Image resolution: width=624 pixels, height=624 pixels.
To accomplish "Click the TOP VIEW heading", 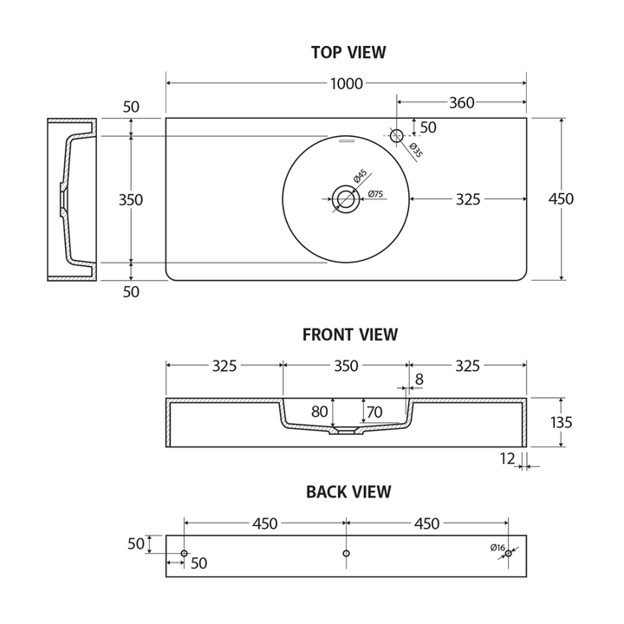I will pos(348,53).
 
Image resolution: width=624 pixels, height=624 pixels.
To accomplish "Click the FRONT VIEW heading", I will pos(349,335).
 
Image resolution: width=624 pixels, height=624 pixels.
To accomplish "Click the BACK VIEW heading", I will pos(348,492).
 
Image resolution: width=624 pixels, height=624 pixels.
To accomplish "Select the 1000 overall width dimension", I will pos(347,84).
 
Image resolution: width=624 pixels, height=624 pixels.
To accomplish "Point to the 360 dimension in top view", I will pos(461,103).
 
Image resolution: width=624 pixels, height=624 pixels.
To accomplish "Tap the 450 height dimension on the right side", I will pos(561,199).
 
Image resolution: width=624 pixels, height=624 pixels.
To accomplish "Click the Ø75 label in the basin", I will pos(376,194).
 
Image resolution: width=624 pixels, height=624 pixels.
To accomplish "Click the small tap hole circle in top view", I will pos(397,135).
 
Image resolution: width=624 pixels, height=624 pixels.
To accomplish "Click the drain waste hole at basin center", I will pos(346,199).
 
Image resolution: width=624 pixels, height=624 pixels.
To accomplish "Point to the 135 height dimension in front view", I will pos(561,422).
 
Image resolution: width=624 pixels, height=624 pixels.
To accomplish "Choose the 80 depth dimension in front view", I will pos(320,412).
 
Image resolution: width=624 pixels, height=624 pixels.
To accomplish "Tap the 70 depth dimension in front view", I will pos(375,412).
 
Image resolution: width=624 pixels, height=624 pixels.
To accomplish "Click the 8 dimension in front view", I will pos(419,379).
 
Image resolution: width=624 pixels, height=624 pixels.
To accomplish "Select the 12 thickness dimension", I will pos(508,458).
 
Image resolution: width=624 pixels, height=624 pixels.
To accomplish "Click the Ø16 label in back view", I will pos(497,547).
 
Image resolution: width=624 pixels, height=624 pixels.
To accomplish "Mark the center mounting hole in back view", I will pos(346,553).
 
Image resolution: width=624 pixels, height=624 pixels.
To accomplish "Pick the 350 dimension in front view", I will pos(346,367).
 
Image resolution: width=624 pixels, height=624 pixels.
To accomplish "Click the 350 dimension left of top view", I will pos(131,199).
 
